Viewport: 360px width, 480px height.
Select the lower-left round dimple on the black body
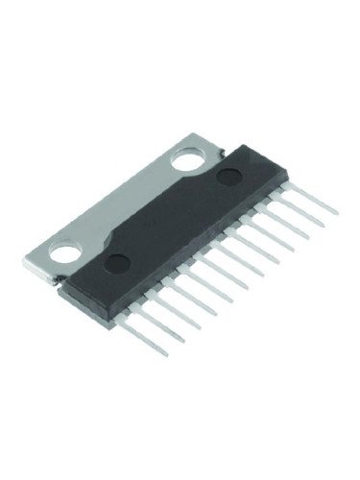115,263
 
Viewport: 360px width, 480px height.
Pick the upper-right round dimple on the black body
228,176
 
